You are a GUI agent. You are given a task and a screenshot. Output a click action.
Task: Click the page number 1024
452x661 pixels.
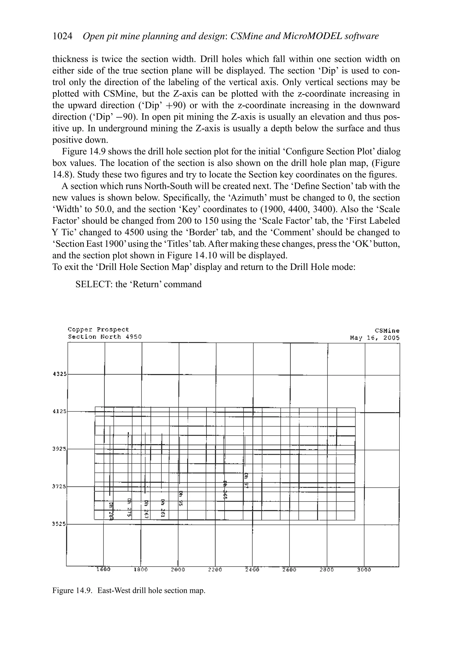(62, 36)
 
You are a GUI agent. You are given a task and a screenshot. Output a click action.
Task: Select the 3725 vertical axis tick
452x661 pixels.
(59, 486)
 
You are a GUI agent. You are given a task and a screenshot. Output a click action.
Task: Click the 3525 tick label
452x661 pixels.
(59, 524)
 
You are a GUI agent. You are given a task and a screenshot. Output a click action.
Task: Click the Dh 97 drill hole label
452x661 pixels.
(247, 480)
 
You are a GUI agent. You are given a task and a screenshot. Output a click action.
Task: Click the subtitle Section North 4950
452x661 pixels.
(105, 337)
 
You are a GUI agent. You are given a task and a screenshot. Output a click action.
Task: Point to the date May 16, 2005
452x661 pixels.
(375, 338)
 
